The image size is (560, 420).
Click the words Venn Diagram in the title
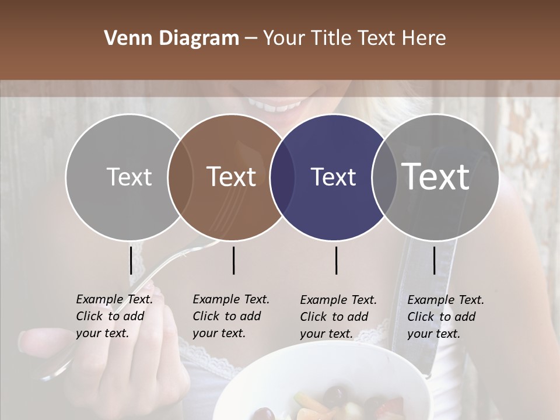171,38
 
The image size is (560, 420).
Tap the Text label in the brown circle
232,177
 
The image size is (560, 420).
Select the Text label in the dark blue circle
333,177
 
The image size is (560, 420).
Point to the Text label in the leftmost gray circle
129,177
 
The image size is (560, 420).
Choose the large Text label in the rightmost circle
436,176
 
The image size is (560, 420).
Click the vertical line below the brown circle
233,260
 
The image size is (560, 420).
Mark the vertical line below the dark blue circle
336,260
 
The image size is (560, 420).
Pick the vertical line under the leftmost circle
131,260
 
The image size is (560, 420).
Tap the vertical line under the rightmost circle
434,260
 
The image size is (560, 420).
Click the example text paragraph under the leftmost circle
114,316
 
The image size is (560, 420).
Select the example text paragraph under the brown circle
231,316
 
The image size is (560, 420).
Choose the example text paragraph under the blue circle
338,317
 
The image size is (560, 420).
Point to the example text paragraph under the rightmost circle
446,317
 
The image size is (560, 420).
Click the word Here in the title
426,38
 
